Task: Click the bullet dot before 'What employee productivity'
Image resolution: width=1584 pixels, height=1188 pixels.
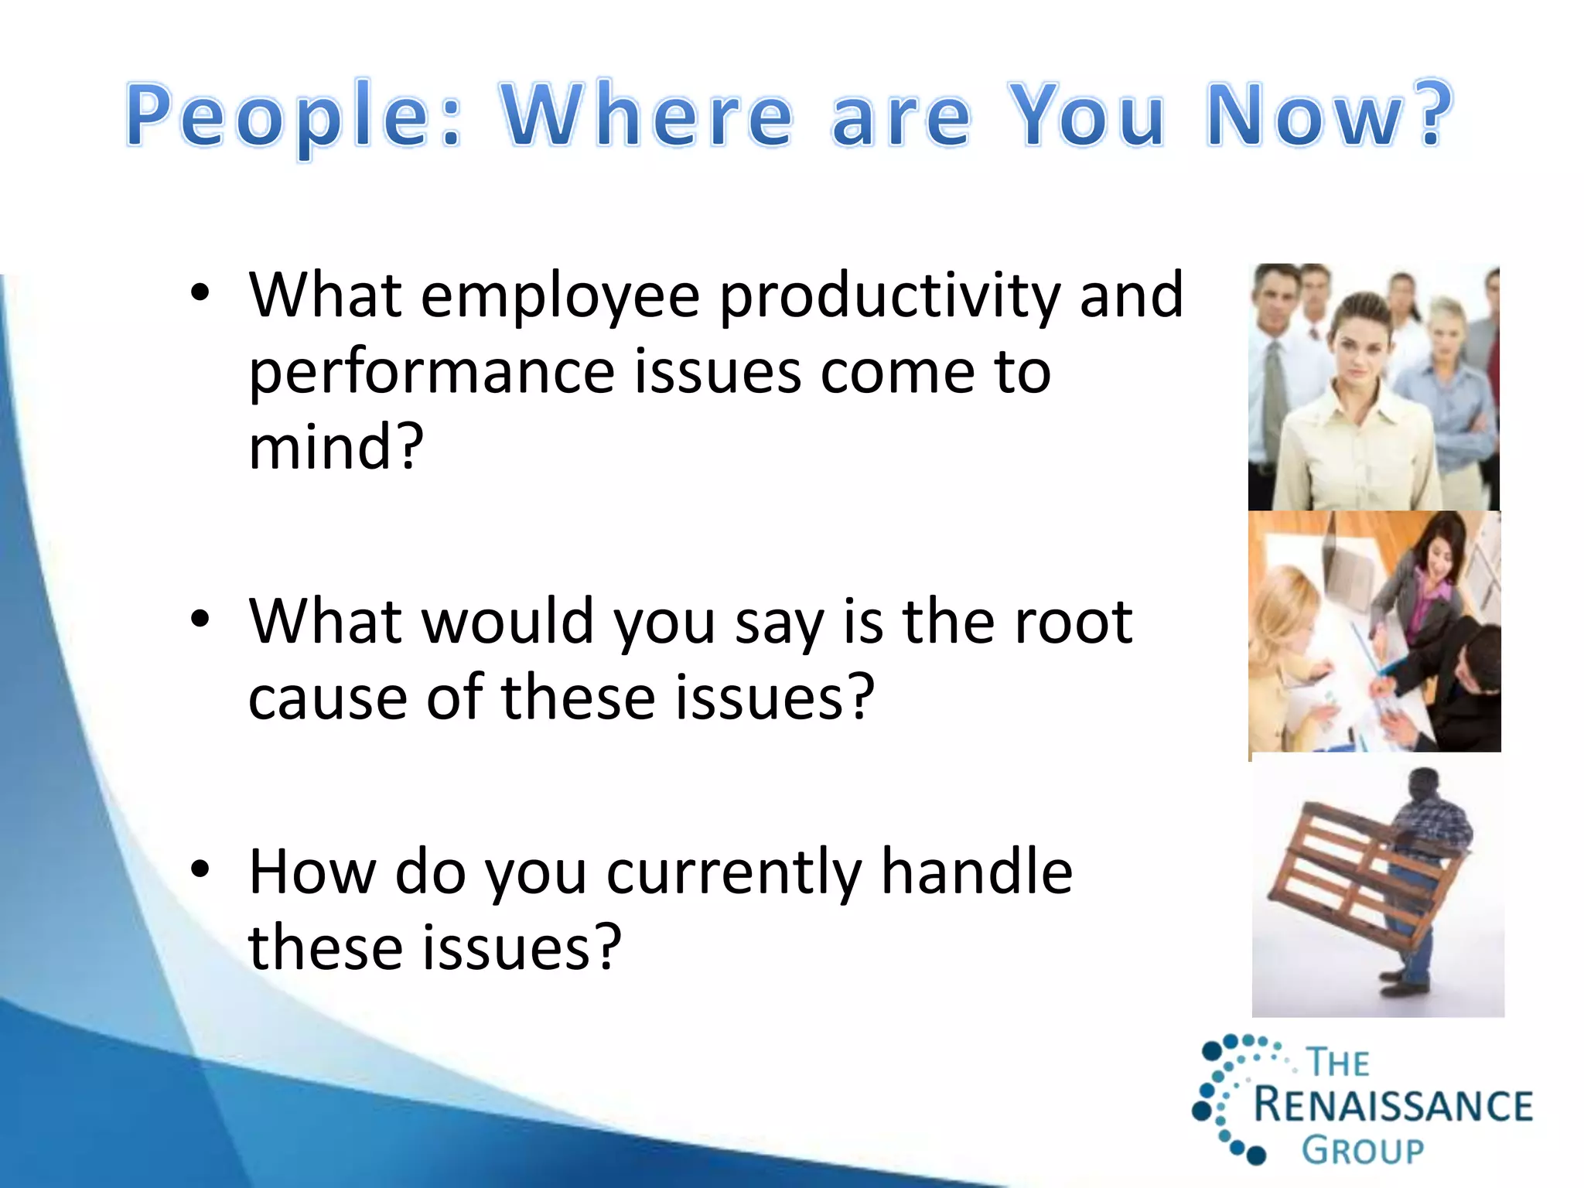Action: coord(200,293)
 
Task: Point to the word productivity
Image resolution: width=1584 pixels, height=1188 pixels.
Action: coord(889,298)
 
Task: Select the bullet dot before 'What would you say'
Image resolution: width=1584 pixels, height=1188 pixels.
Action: coord(200,620)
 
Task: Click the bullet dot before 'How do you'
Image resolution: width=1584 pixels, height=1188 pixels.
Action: coord(200,870)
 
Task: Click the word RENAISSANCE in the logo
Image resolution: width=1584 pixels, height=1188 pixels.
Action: coord(1392,1105)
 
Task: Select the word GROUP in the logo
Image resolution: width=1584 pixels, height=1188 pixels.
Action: coord(1362,1150)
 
